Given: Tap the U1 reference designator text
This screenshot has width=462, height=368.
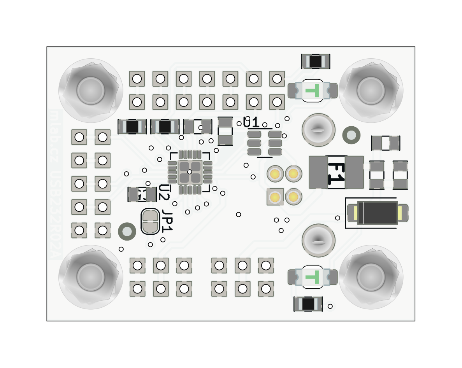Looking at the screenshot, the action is [x=251, y=122].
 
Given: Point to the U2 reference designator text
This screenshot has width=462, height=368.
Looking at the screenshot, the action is [x=164, y=192].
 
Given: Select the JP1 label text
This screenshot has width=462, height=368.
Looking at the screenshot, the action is [x=167, y=221].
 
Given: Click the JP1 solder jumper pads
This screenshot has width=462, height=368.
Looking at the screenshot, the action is [x=150, y=221].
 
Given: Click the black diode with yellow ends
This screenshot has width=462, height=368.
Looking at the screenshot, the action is [x=378, y=213].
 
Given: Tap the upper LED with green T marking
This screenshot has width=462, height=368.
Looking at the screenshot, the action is [x=313, y=91].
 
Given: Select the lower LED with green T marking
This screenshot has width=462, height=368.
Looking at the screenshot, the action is [x=313, y=277].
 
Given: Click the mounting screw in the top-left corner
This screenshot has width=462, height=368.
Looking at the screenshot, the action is [x=91, y=91].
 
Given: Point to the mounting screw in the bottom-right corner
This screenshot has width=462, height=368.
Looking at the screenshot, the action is [x=371, y=277].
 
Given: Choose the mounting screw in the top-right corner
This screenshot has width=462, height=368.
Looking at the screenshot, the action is [x=371, y=91].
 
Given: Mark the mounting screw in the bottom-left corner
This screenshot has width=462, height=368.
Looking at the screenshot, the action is [x=91, y=277].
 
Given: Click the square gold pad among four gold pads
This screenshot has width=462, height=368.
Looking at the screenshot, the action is [x=275, y=197].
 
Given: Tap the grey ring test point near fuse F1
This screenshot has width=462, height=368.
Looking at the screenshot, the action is [x=351, y=135].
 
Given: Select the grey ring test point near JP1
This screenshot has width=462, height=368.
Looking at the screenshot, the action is [x=127, y=232].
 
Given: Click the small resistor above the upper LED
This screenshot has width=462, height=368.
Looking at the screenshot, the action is [x=316, y=61].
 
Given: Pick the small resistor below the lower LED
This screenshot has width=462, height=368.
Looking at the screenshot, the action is [x=308, y=304].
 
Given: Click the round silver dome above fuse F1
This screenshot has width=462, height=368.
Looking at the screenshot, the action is [x=318, y=130].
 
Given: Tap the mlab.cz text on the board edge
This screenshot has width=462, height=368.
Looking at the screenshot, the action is [x=54, y=136].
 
